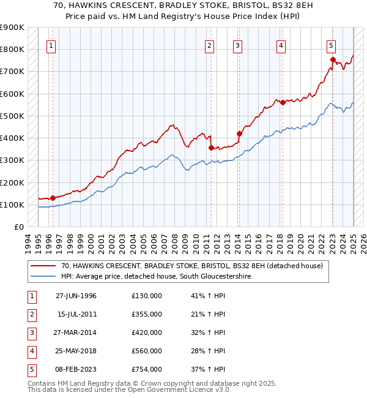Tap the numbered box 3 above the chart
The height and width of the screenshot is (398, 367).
pos(237,45)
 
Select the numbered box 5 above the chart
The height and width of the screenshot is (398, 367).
pos(331,45)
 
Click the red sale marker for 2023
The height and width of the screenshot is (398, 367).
pos(333,59)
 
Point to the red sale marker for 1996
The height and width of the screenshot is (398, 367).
pos(53,198)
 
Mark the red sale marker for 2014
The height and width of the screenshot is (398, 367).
pos(239,133)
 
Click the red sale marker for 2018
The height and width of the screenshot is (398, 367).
pos(283,103)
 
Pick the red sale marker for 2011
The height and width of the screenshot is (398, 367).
pos(211,148)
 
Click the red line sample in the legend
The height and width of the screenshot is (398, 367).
pos(42,266)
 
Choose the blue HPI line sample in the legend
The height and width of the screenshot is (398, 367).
pos(42,277)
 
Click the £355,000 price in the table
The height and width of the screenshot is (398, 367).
pos(147,314)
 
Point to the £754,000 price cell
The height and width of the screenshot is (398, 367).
pos(147,369)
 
